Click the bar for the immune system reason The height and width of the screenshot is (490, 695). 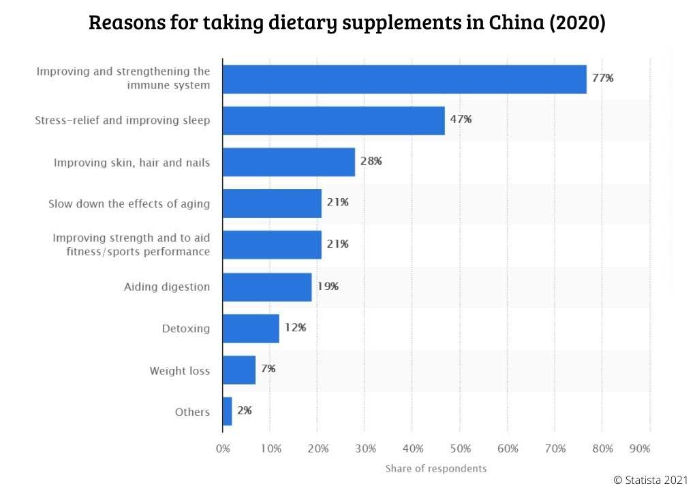(405, 79)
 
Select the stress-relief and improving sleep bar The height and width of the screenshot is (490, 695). (334, 120)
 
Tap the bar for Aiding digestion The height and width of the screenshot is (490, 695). (267, 287)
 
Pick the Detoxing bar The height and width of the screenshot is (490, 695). (251, 328)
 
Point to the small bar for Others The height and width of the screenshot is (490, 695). (228, 411)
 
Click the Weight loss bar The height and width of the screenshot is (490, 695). (239, 370)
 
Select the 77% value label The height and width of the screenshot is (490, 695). (602, 78)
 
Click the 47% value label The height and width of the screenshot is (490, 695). (461, 120)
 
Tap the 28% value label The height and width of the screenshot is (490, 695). (371, 161)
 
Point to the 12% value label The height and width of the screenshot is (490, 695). (295, 327)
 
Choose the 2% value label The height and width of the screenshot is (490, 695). (245, 410)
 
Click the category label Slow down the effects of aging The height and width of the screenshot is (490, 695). (129, 203)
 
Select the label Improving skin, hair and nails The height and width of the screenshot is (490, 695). (132, 162)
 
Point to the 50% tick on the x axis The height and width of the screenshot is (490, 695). (460, 449)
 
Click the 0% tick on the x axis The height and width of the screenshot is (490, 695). (223, 449)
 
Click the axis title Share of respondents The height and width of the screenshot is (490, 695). (436, 468)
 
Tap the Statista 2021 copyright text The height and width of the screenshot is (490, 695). (652, 480)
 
